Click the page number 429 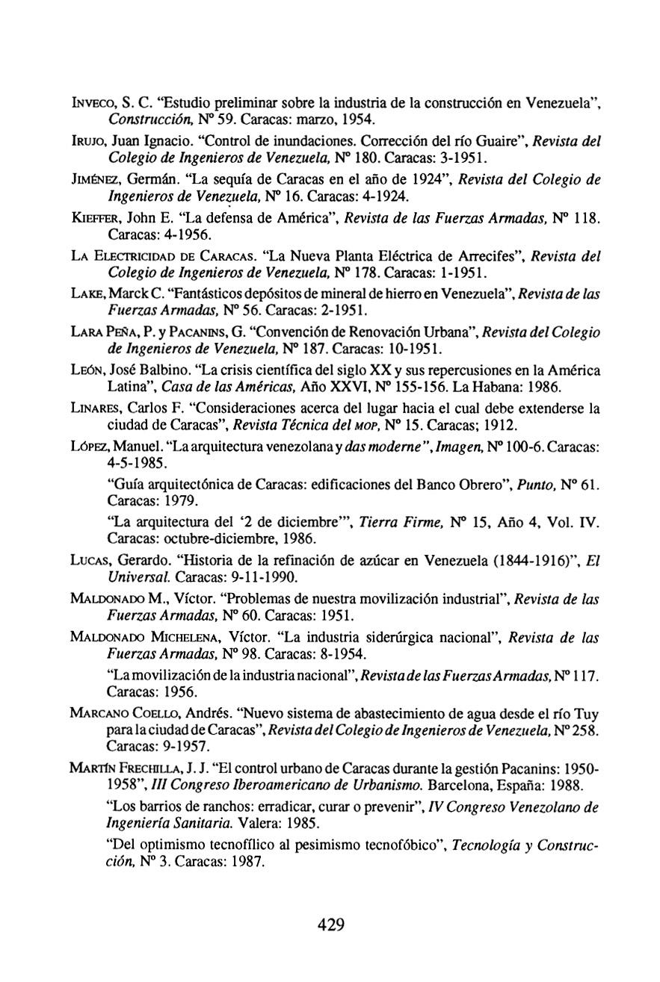point(330,925)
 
